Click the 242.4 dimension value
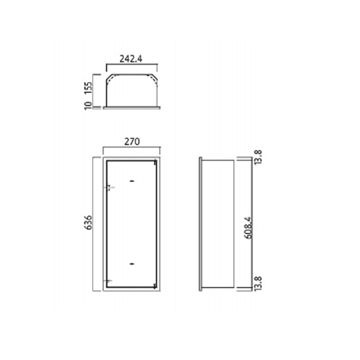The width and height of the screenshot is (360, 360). [131, 59]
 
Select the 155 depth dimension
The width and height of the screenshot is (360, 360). [88, 88]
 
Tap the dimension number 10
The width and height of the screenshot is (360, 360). [88, 106]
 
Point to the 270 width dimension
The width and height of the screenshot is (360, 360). [132, 142]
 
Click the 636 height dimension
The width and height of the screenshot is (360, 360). [88, 222]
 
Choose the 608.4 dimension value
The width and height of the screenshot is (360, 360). [249, 228]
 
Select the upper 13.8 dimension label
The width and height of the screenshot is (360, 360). [258, 157]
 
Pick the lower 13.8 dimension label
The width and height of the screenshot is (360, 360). [258, 284]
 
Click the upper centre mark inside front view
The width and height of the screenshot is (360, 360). [132, 181]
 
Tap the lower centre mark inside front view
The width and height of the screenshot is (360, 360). [132, 264]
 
